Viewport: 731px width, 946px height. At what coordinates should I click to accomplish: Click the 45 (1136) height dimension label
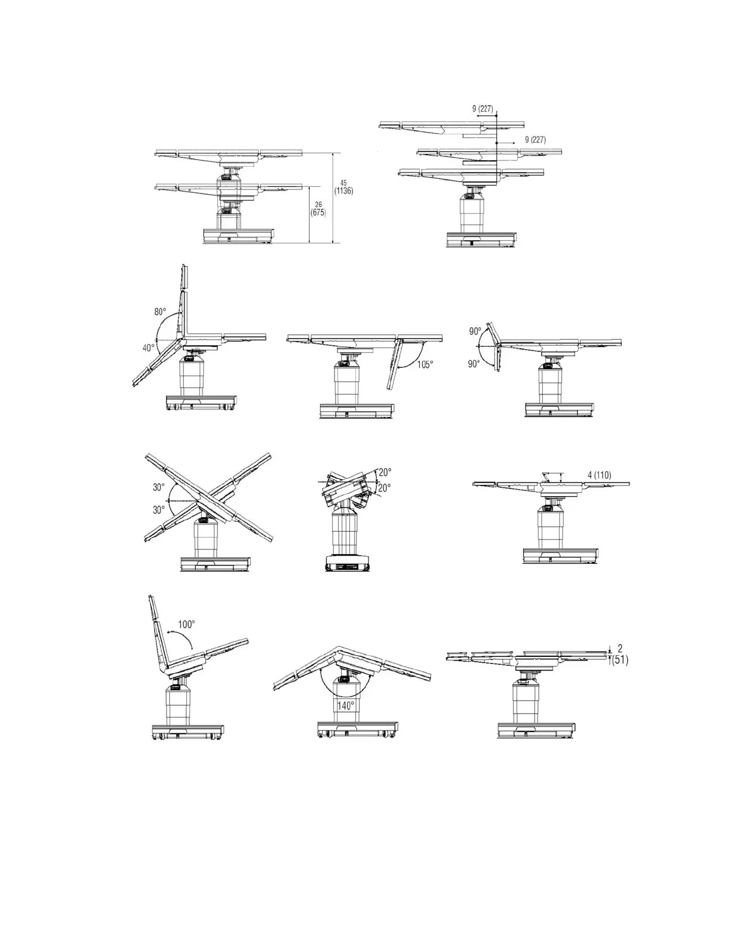tap(343, 187)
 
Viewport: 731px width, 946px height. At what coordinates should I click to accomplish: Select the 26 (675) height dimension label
tap(318, 208)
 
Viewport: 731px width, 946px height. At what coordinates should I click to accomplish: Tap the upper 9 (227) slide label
tap(483, 109)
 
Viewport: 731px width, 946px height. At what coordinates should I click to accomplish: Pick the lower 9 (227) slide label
tap(535, 140)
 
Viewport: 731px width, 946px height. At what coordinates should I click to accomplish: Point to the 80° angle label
tap(160, 312)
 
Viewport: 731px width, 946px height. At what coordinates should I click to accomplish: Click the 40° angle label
tap(148, 346)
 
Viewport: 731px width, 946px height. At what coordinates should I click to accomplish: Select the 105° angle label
tap(425, 365)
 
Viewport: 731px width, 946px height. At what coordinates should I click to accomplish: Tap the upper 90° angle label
tap(475, 331)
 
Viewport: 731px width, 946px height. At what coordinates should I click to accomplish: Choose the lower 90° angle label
tap(474, 364)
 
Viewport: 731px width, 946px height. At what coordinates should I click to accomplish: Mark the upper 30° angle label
tap(158, 487)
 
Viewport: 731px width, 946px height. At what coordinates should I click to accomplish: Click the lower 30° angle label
tap(158, 510)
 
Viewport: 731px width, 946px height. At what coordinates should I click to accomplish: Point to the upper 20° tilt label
tap(385, 472)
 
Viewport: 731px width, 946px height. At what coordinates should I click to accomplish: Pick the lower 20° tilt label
tap(384, 488)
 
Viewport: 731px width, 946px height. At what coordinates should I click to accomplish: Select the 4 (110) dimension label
tap(599, 475)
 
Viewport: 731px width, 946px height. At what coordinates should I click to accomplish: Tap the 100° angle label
tap(186, 624)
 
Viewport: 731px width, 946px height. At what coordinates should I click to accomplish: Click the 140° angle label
tap(345, 705)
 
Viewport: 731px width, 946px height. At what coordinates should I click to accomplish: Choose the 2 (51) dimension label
tap(621, 655)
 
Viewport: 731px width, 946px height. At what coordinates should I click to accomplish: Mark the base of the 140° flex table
tap(357, 730)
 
